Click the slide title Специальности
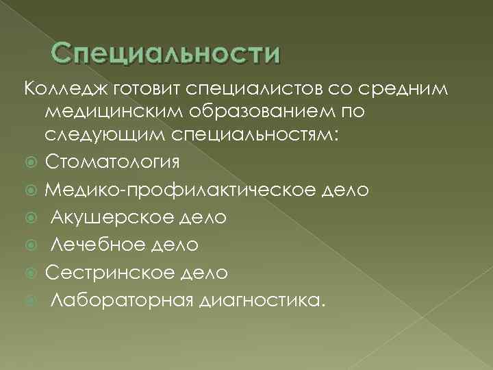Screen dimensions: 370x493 point(165,53)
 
